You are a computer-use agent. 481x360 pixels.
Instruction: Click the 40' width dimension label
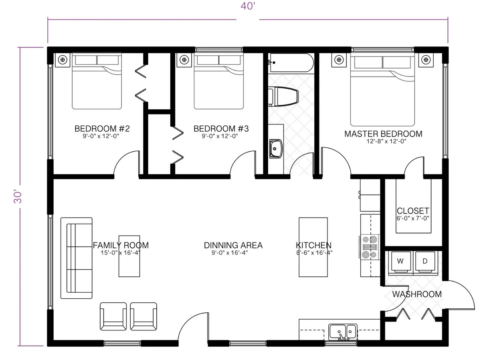click(x=248, y=7)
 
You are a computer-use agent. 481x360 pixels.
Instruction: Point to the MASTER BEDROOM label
click(x=383, y=134)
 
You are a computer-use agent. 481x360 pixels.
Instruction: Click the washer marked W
click(x=400, y=261)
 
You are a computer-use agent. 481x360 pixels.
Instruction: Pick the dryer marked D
click(x=425, y=261)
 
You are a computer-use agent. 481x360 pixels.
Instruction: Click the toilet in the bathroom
click(x=284, y=97)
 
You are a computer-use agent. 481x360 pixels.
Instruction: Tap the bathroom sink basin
click(x=276, y=148)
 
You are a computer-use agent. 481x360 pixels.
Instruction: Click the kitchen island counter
click(x=313, y=247)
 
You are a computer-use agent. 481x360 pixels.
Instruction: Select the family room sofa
click(x=76, y=258)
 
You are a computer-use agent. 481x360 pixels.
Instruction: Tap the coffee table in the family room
click(x=129, y=256)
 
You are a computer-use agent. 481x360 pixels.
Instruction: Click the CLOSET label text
click(x=413, y=211)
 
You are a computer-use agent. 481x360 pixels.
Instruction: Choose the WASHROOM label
click(x=416, y=294)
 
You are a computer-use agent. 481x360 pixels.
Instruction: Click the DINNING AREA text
click(x=233, y=245)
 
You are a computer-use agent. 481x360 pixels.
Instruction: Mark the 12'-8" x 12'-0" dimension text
click(x=383, y=141)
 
